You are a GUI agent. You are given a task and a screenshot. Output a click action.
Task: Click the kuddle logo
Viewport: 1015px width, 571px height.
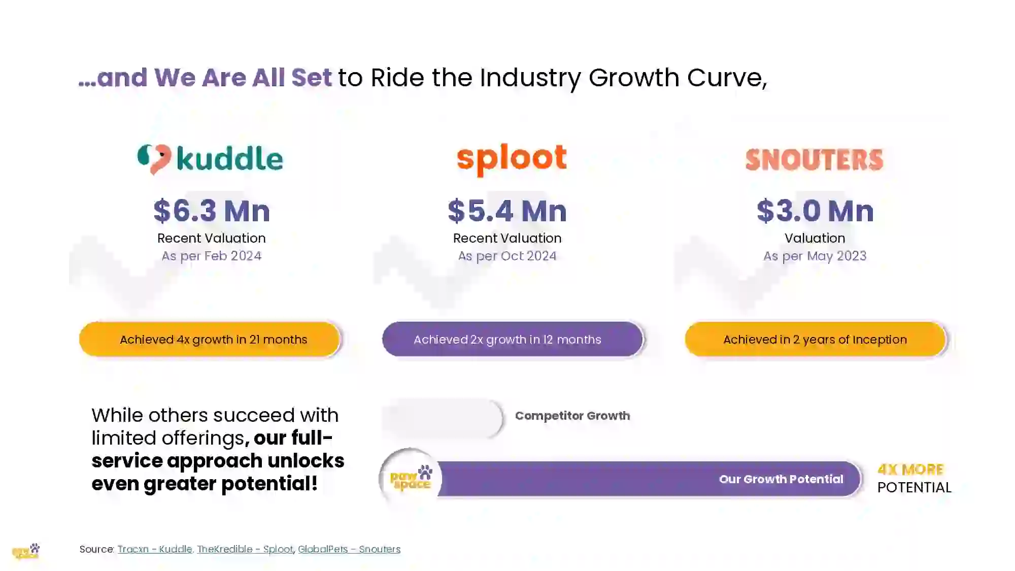pyautogui.click(x=210, y=159)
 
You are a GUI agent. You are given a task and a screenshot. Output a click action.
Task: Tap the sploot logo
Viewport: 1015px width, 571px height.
pyautogui.click(x=512, y=159)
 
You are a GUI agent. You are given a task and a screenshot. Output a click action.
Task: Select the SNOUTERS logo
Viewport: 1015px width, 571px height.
pyautogui.click(x=815, y=160)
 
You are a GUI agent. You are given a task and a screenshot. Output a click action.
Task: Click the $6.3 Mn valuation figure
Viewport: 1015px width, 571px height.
pyautogui.click(x=212, y=211)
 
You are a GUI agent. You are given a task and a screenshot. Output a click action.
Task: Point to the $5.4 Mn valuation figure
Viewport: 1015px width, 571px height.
pyautogui.click(x=507, y=211)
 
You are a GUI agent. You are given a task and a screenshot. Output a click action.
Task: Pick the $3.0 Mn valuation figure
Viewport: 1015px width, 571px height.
pyautogui.click(x=815, y=211)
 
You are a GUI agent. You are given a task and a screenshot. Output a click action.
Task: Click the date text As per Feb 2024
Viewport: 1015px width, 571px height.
pyautogui.click(x=212, y=256)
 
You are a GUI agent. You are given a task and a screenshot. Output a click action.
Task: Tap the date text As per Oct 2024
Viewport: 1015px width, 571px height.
pyautogui.click(x=507, y=256)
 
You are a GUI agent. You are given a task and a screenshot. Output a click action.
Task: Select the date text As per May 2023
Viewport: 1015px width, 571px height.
pyautogui.click(x=815, y=256)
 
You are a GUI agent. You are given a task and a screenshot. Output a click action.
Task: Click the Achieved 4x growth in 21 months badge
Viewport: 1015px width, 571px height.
pyautogui.click(x=210, y=339)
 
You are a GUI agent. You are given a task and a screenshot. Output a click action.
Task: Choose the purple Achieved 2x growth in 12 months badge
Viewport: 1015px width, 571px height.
pyautogui.click(x=513, y=339)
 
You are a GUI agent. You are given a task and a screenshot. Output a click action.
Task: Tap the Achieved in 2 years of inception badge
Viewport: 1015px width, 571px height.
pyautogui.click(x=816, y=339)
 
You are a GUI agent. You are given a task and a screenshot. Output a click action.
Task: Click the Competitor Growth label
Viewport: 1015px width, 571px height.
pyautogui.click(x=572, y=416)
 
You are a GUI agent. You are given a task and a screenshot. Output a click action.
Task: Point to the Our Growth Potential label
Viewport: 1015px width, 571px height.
pyautogui.click(x=781, y=479)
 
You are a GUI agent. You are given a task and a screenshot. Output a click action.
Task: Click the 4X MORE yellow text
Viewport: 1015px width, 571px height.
pyautogui.click(x=910, y=469)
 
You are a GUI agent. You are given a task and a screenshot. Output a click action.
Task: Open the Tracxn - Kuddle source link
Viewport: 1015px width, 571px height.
pyautogui.click(x=155, y=549)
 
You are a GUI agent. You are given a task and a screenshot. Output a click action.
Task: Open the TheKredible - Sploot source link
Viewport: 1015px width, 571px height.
pyautogui.click(x=245, y=549)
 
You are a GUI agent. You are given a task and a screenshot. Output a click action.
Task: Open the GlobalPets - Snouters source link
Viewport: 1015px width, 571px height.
pyautogui.click(x=349, y=549)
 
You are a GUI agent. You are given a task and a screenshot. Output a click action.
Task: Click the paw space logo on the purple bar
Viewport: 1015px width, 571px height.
pyautogui.click(x=411, y=478)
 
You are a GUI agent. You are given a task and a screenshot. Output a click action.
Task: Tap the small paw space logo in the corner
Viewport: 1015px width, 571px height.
pyautogui.click(x=26, y=551)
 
